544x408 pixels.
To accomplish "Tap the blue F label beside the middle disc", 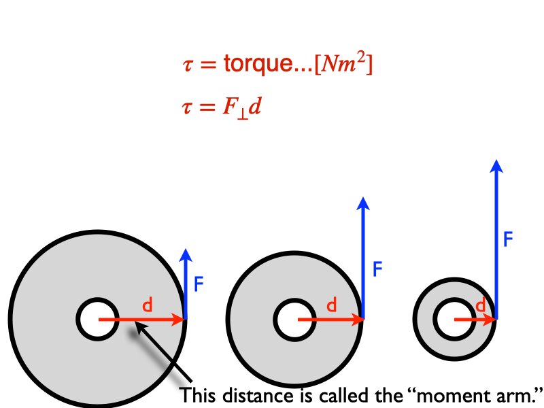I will (x=378, y=269).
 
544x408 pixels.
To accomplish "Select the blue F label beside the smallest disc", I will (x=507, y=239).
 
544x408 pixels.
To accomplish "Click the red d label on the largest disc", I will (x=146, y=306).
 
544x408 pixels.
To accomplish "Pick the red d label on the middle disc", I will (x=331, y=306).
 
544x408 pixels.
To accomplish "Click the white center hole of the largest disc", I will (x=97, y=319).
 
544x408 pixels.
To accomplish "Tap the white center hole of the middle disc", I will (x=295, y=319).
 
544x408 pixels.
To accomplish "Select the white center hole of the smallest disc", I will (x=454, y=319).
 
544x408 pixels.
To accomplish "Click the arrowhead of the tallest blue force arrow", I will (x=497, y=166).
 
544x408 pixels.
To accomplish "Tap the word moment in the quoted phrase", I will (x=447, y=394).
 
